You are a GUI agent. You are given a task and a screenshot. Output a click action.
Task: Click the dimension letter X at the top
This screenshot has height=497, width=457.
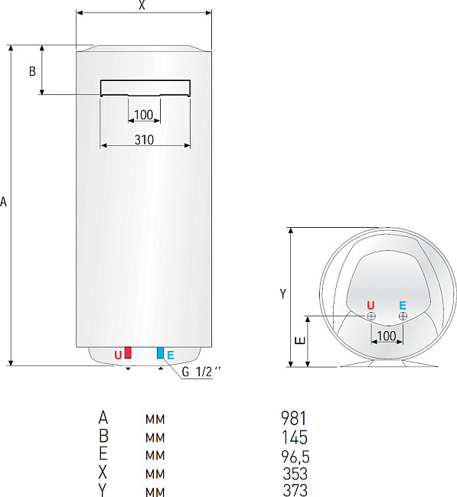coord(142,5)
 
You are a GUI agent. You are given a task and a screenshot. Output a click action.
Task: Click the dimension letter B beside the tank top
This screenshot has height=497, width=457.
coord(32,71)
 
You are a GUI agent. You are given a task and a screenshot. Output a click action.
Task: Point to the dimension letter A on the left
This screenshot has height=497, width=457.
coord(5,202)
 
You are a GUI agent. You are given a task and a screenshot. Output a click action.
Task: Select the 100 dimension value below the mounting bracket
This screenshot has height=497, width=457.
coord(144,115)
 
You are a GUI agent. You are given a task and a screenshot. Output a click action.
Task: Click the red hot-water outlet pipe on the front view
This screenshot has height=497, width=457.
coord(128,352)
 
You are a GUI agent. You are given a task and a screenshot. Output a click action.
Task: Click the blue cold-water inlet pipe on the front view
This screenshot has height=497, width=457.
coord(160,352)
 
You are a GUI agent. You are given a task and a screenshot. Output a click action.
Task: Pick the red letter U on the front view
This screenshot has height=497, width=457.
coord(118,355)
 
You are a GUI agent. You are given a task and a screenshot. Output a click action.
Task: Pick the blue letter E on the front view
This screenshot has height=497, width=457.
coord(171,355)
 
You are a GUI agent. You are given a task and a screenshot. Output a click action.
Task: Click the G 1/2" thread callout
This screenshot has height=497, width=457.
coord(202,372)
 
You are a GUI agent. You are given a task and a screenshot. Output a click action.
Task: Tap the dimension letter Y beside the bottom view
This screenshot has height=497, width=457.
coord(282,294)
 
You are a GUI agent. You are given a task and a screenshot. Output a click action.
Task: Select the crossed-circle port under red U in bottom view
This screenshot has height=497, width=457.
coord(371,316)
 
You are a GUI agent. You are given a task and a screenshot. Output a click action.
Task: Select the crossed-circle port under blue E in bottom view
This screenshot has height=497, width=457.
coord(403,316)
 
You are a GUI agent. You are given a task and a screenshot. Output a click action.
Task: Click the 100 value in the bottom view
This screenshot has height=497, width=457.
coord(387,336)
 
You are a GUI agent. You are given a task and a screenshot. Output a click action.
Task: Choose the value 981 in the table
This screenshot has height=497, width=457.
coord(294,418)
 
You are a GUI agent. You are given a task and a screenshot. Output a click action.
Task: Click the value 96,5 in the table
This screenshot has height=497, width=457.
coord(294,456)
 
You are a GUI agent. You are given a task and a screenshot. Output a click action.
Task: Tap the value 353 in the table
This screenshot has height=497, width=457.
coord(294,474)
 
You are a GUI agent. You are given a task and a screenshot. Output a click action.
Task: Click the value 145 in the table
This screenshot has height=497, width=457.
coord(294,437)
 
